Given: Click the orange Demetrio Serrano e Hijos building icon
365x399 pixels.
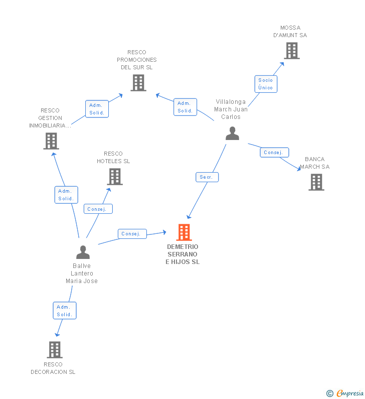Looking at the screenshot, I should tap(184, 232).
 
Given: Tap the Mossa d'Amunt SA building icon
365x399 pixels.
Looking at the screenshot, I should tap(291, 51).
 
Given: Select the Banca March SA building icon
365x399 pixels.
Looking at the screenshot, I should tap(316, 182).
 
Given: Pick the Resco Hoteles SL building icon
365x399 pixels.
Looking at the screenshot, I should tap(115, 177).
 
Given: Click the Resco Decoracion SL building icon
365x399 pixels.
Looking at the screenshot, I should tap(54, 349).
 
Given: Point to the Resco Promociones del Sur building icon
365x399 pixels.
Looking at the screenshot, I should tap(138, 83).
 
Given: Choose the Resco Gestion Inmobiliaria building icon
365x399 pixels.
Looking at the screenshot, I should tap(51, 141).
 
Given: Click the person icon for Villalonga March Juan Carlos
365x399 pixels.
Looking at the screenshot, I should tap(232, 133).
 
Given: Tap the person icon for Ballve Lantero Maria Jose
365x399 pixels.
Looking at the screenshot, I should tap(83, 252).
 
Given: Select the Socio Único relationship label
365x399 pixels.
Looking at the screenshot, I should tap(266, 84).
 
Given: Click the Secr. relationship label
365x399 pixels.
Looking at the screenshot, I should tap(207, 177).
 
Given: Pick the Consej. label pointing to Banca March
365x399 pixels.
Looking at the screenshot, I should tap(274, 153).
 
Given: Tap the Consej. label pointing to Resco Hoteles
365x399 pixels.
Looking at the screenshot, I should tap(98, 209).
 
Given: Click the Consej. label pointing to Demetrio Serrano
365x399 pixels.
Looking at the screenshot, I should tap(132, 234).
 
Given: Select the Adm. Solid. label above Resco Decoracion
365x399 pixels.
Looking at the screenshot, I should tap(65, 311).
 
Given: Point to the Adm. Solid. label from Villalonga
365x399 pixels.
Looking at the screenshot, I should tap(185, 107).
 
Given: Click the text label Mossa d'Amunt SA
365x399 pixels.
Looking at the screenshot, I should tap(290, 32).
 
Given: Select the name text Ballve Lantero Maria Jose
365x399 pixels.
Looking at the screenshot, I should tap(82, 274).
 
